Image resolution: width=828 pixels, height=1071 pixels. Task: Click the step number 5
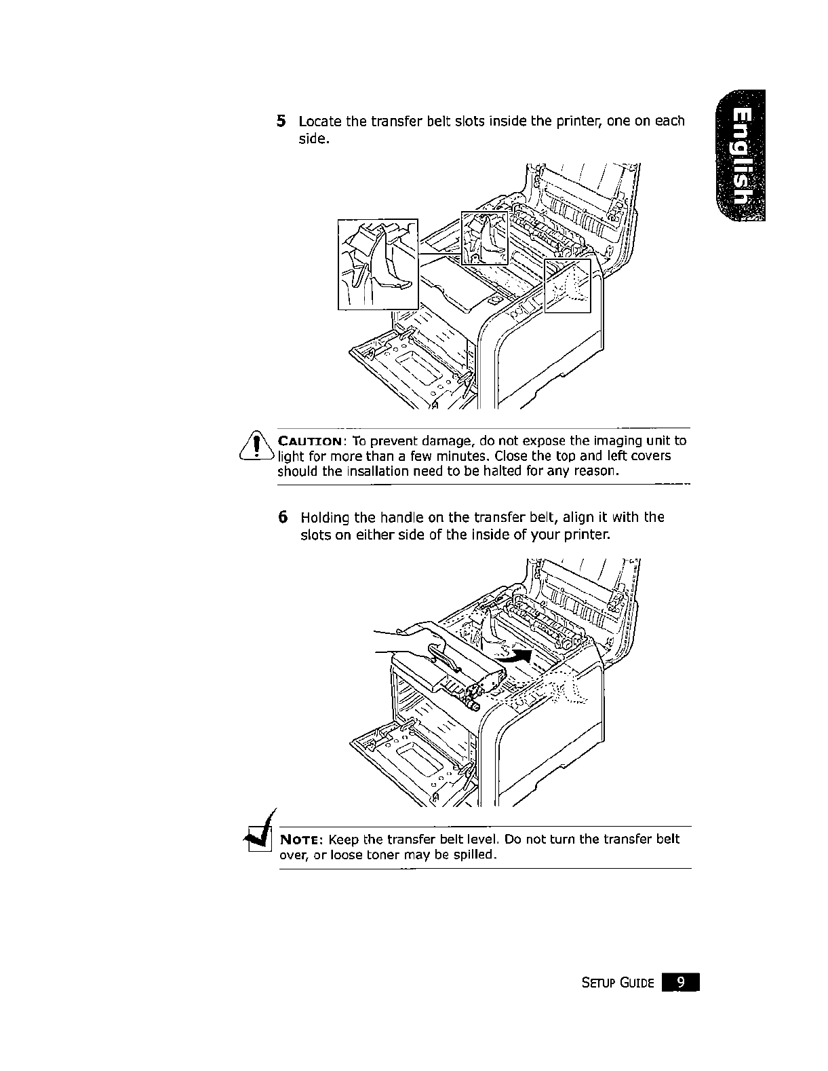(281, 121)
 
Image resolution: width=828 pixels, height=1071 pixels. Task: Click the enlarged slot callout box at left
(378, 264)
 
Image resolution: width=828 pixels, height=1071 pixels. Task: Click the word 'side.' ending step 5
(314, 140)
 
